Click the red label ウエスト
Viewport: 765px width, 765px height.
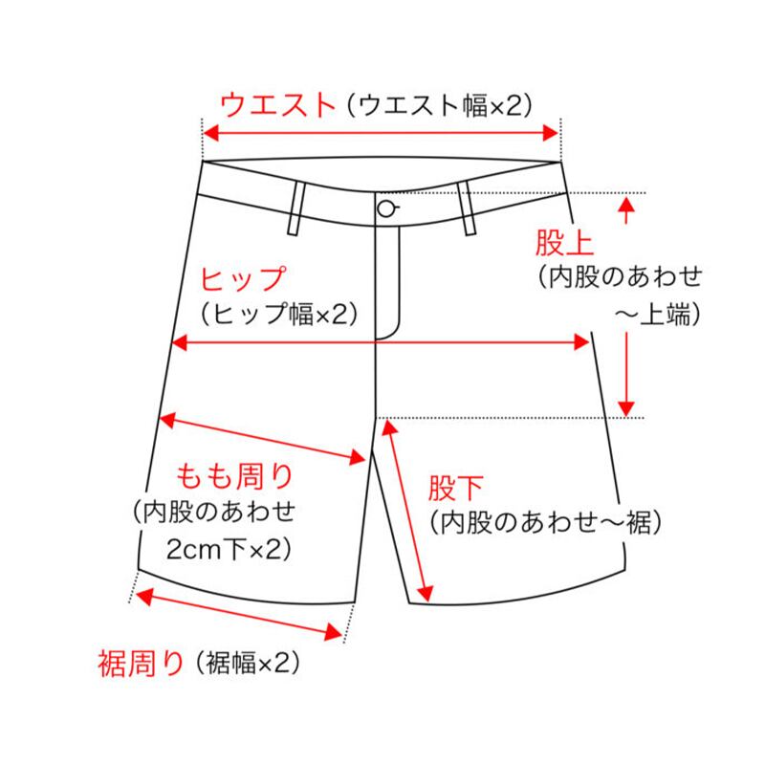[278, 103]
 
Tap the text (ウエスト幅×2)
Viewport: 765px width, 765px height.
[437, 104]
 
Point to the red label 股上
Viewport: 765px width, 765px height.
[558, 243]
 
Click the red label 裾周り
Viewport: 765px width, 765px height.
[141, 661]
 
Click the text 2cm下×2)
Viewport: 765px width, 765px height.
[228, 550]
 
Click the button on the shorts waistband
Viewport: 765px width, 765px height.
[386, 209]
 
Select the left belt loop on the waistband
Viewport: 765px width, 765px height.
[295, 208]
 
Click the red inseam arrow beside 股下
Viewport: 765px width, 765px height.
[408, 507]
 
